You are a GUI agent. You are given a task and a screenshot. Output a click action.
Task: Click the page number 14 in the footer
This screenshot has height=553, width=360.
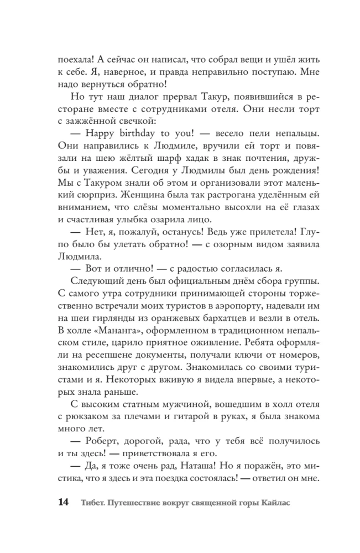[62, 503]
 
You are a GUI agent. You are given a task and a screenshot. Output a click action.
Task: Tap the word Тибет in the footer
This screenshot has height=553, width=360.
[93, 503]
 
